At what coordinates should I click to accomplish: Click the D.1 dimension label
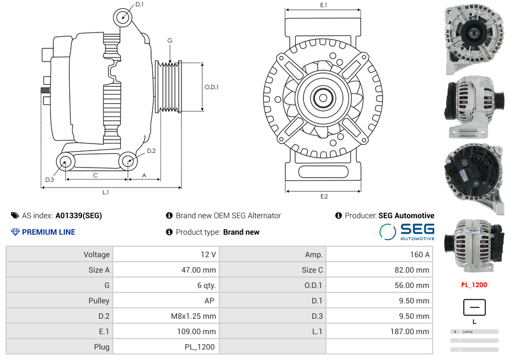click(139, 4)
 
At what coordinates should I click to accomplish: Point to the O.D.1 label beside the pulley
click(212, 87)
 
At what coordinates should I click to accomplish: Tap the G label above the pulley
click(170, 41)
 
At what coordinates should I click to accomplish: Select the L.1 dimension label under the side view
click(106, 192)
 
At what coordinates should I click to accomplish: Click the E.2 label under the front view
click(324, 196)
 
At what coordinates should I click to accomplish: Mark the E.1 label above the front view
click(324, 5)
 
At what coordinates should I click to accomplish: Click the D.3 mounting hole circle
click(65, 162)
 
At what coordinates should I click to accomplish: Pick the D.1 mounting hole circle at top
click(123, 17)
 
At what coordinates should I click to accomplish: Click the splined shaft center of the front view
click(323, 99)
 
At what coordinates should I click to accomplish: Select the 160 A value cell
click(420, 254)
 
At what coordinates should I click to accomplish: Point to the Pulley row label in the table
click(99, 301)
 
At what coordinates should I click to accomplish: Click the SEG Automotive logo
click(407, 231)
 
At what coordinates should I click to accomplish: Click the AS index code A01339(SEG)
click(79, 215)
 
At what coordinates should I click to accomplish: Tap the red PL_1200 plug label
click(474, 285)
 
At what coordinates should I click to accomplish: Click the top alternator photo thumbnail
click(474, 38)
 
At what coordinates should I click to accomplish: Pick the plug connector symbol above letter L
click(474, 307)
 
